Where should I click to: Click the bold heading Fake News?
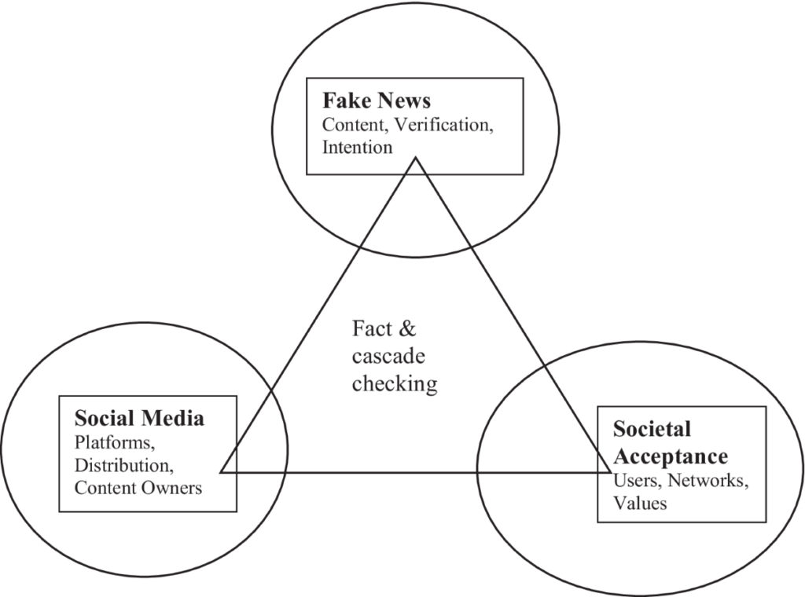377,101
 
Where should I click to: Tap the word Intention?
358,146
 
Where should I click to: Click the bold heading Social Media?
139,418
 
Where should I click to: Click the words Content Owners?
138,487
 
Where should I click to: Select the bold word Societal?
652,429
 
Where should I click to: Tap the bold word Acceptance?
670,456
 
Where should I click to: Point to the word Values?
640,503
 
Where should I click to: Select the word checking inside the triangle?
394,383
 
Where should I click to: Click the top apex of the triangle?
415,158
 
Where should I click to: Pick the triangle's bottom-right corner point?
611,472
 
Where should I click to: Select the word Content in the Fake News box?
350,124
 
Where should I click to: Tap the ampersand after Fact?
406,328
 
